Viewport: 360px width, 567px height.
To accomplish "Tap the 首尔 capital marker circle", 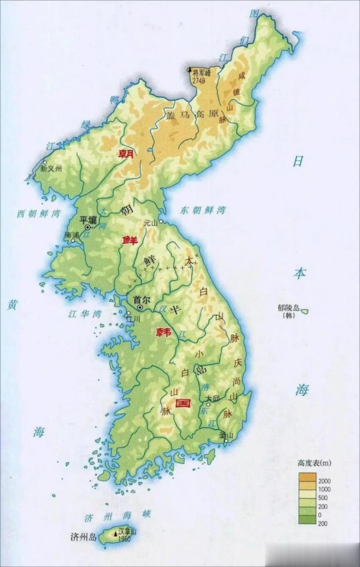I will [140, 307].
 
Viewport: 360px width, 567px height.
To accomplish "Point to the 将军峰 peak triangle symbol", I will [190, 70].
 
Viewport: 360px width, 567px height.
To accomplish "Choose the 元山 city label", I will [151, 224].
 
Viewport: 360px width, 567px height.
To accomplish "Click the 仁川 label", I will [133, 318].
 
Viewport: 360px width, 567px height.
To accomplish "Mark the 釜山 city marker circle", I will [227, 441].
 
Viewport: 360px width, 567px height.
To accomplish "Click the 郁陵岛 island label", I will [289, 307].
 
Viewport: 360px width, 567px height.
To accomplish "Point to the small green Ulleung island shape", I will [304, 311].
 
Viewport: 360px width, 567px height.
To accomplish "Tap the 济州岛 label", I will [83, 537].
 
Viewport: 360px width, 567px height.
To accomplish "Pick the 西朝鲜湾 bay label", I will [39, 214].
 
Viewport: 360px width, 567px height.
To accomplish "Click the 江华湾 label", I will [85, 314].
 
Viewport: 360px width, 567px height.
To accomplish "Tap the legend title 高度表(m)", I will [314, 463].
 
